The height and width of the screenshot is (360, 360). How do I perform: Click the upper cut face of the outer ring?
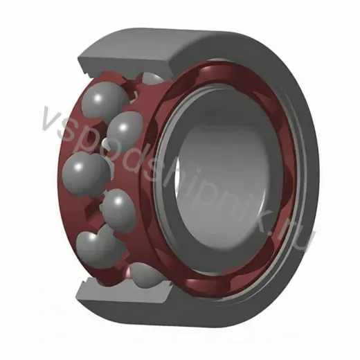(125, 64)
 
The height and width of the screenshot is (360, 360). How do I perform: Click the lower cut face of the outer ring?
(125, 292)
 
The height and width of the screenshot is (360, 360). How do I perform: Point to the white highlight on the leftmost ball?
(78, 166)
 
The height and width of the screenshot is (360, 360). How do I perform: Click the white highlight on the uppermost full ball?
(98, 98)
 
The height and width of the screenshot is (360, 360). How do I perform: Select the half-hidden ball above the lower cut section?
(146, 273)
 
